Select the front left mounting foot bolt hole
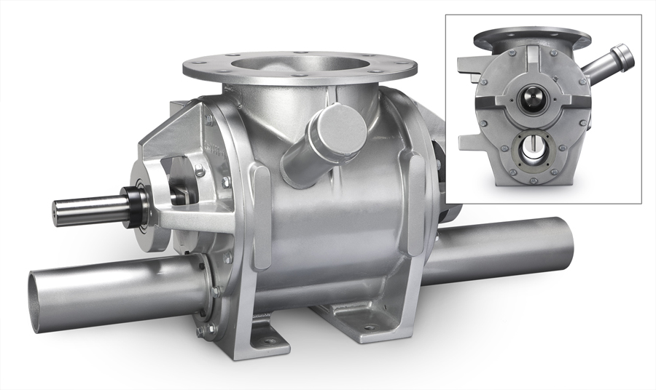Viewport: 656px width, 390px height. point(269,340)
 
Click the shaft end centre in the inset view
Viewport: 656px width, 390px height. point(531,97)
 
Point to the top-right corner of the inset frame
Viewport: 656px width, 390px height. point(641,15)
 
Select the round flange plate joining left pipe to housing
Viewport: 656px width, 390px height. point(206,291)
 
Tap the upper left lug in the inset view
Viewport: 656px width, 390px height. point(467,63)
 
